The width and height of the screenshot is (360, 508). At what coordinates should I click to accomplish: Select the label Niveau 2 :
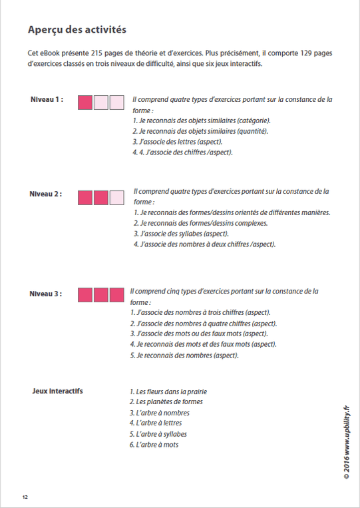47,194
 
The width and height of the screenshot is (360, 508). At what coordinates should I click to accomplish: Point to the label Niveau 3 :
47,293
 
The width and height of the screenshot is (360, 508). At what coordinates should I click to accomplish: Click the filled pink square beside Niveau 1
85,102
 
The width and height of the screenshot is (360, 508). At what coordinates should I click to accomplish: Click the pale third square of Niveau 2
116,198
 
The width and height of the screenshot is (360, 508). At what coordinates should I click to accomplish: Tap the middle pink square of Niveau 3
101,295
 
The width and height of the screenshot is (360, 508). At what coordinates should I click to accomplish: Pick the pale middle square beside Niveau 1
101,102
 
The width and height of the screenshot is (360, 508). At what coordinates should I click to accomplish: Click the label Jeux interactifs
57,391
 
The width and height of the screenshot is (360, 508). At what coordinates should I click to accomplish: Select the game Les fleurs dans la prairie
168,391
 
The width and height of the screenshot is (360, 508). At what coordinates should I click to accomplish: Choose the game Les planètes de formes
166,402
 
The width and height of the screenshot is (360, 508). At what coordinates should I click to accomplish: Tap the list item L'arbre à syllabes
158,434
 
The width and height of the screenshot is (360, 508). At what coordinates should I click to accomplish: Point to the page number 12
25,497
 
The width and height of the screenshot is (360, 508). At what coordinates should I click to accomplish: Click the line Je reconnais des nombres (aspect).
184,355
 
